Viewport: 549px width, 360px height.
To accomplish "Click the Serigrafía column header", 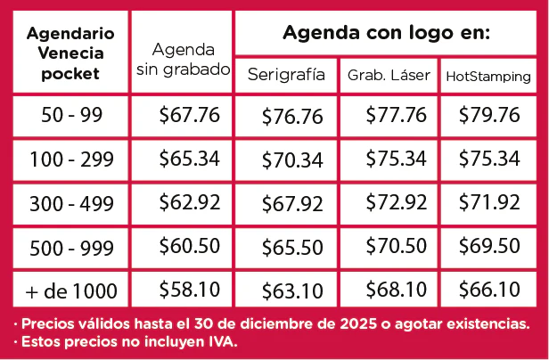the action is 286,75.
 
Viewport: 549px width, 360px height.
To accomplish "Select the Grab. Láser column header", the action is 389,75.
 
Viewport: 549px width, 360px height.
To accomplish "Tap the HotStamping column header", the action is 488,77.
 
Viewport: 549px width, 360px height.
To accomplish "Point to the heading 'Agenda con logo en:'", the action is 386,33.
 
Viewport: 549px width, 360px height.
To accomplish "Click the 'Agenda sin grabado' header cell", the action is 183,60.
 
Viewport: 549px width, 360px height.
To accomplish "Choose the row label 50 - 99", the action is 72,115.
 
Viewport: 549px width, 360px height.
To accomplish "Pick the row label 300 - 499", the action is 72,204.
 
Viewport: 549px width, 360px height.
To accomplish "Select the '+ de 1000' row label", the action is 71,291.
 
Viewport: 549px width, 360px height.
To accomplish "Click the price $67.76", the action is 190,115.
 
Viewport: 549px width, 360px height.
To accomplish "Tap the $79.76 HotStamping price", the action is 489,115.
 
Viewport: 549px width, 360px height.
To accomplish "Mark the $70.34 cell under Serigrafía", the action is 292,160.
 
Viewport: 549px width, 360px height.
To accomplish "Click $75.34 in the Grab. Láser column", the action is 397,159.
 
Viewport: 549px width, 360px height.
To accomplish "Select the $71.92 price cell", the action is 489,202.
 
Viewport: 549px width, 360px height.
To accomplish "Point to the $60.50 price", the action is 190,245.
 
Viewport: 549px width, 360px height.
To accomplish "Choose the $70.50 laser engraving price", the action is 397,245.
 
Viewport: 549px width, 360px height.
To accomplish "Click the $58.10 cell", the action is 190,290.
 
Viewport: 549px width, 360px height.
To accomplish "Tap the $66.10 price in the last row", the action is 489,290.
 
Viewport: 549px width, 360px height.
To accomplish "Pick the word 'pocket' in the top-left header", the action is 70,74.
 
